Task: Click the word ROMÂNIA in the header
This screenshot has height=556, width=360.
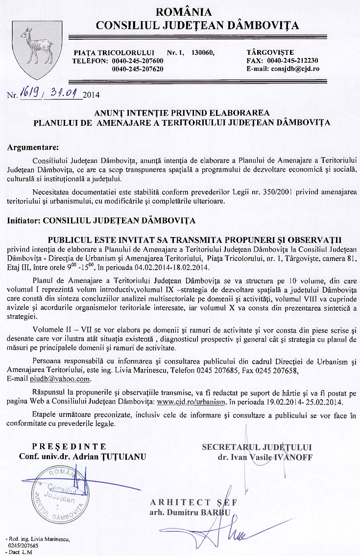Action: (x=183, y=12)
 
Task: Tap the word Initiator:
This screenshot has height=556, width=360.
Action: (x=24, y=220)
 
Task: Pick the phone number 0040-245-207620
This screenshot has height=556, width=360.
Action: (x=138, y=69)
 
